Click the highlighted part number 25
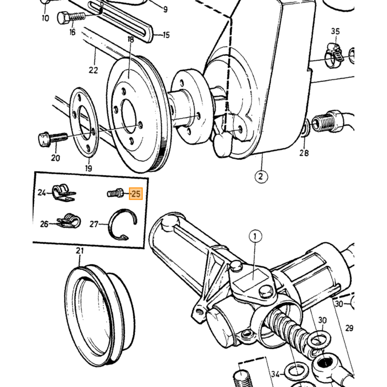pos(136,193)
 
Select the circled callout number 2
pos(261,176)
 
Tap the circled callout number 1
pos(255,237)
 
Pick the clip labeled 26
pos(69,221)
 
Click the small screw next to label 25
pos(115,193)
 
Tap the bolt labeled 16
pos(71,17)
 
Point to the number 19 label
pos(88,168)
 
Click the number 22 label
pos(93,70)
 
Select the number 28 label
pos(304,153)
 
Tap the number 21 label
pos(80,251)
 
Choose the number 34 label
pos(275,374)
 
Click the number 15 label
pos(166,35)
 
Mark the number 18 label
pos(130,39)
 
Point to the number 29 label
pos(349,328)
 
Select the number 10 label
pos(45,18)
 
